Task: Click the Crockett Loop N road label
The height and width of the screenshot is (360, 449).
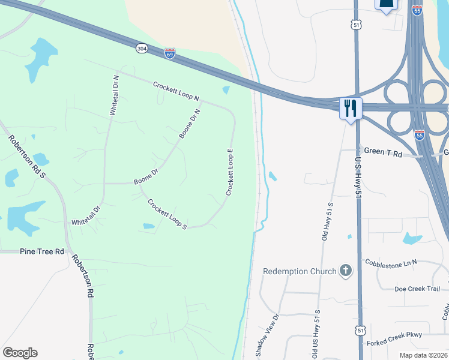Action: [x=175, y=91]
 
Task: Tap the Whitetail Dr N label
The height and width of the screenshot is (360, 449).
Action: [x=114, y=95]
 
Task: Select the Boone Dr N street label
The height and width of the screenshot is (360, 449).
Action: [x=189, y=123]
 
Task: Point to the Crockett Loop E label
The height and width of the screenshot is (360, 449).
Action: [x=229, y=172]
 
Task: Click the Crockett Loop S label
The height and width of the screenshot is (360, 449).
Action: [x=167, y=214]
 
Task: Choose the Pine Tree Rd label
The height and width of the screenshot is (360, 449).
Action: [x=42, y=251]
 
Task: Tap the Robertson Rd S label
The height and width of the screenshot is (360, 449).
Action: [x=27, y=157]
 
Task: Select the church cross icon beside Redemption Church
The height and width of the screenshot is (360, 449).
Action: [x=345, y=271]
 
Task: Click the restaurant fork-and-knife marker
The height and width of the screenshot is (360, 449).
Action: [x=351, y=108]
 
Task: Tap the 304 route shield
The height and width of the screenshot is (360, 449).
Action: [x=142, y=49]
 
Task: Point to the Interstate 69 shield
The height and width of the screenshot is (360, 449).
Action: [x=170, y=54]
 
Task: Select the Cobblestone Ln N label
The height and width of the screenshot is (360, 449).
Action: [x=390, y=262]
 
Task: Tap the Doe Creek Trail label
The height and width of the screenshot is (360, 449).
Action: [x=417, y=289]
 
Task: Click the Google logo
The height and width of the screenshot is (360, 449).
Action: [x=20, y=353]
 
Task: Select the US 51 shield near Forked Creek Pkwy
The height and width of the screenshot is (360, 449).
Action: [x=360, y=331]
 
